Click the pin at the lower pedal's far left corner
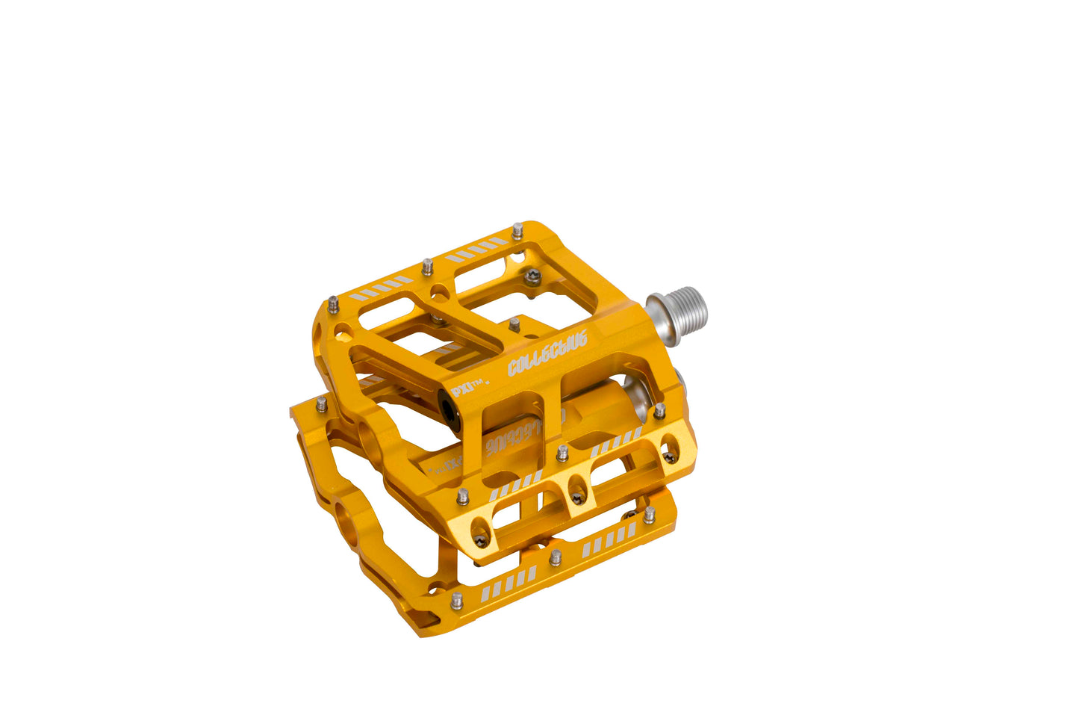pos(321,405)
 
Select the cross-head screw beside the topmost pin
pos(532,276)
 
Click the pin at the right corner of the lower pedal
pos(649,514)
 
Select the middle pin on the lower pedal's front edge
pos(555,557)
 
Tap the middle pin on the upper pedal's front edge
pos(562,453)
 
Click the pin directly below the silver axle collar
pos(659,410)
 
